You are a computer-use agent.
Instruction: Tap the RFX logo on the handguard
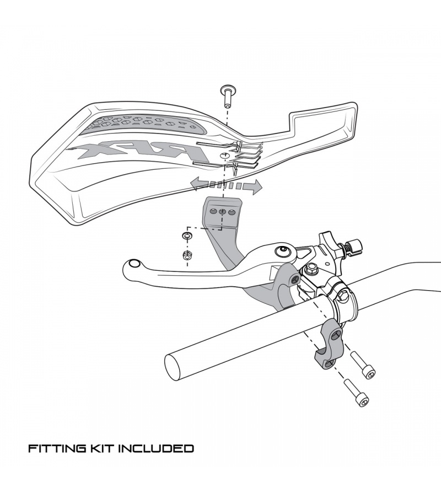click(138, 150)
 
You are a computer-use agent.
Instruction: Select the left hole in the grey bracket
click(213, 211)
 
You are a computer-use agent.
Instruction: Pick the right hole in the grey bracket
click(232, 212)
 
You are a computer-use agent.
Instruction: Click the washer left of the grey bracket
click(187, 236)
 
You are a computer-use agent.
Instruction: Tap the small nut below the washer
click(187, 255)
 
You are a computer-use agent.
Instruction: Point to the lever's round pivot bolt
click(284, 252)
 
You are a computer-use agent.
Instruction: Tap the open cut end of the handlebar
click(176, 365)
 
